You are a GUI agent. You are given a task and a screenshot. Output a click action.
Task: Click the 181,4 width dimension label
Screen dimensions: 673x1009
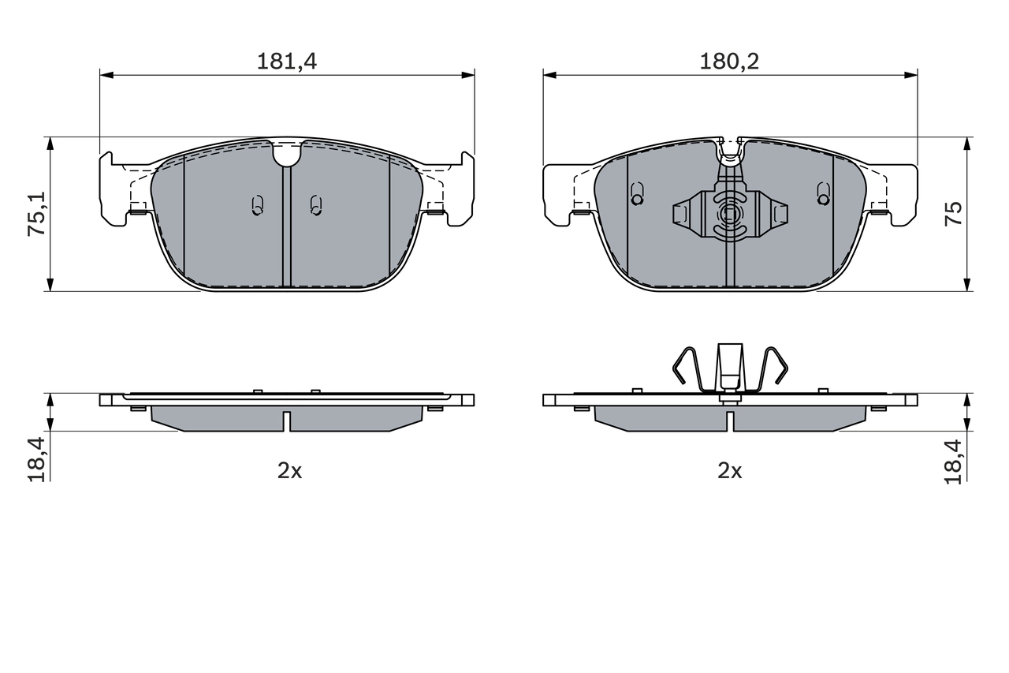click(286, 62)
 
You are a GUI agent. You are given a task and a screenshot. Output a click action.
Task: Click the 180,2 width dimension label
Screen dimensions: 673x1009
click(729, 62)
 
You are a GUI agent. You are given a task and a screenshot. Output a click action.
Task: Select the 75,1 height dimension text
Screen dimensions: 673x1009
click(36, 214)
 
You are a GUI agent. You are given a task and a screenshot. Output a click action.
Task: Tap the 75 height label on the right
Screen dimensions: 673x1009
click(955, 214)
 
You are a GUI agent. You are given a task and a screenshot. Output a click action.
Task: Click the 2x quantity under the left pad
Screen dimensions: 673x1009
click(289, 471)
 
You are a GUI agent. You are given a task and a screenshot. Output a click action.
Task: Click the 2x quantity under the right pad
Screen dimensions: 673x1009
click(729, 471)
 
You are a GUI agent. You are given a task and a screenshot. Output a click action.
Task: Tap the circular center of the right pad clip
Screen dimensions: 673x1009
click(729, 213)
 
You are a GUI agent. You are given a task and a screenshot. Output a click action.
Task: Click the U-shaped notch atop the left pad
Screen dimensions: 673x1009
click(287, 155)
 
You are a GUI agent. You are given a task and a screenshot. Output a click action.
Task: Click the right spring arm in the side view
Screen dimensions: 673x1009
click(776, 368)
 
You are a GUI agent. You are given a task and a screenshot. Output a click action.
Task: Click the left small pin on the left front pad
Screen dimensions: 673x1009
click(256, 205)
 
